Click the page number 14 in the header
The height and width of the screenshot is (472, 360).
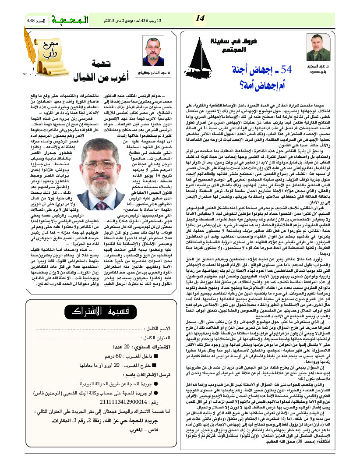point(200,18)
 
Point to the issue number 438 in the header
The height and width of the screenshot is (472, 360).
point(37,21)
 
